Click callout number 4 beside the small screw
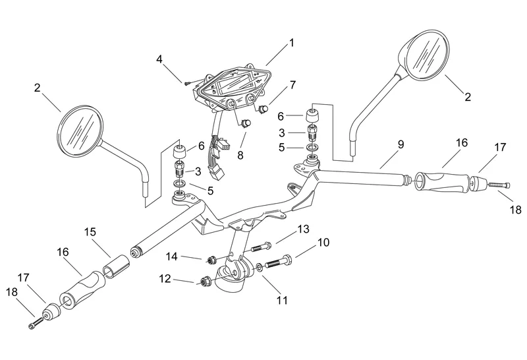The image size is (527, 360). coord(159,59)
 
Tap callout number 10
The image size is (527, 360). coord(323,243)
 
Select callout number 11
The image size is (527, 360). coord(282,301)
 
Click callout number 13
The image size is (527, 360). coord(302,229)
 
